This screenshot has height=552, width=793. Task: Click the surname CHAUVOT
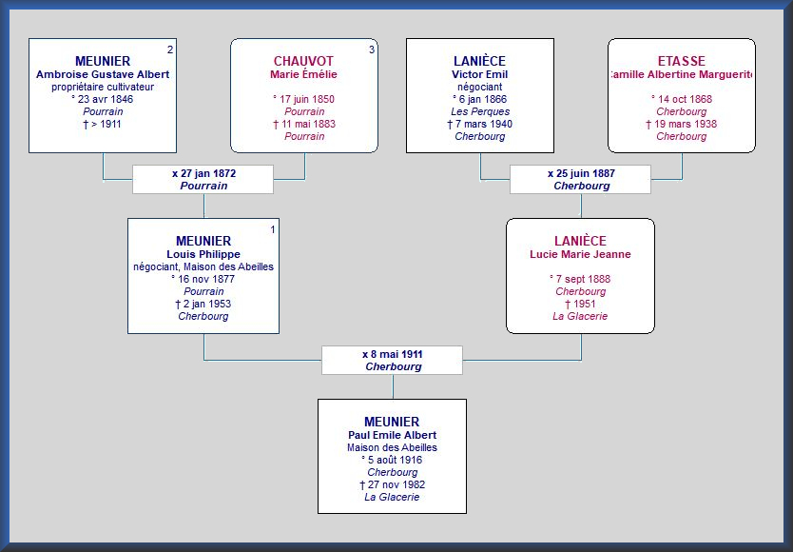click(x=303, y=61)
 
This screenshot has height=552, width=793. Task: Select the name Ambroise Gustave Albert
click(x=103, y=74)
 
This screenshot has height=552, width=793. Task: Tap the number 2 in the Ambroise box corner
click(x=170, y=49)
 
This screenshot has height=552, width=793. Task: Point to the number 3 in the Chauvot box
click(x=372, y=49)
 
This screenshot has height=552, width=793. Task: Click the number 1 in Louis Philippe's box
click(x=273, y=230)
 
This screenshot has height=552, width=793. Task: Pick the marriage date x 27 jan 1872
click(x=203, y=174)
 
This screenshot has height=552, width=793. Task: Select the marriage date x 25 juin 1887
click(x=581, y=174)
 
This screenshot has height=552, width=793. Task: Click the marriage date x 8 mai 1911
click(x=393, y=354)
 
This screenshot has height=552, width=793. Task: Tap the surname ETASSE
click(x=681, y=61)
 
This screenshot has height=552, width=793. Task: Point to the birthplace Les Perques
click(x=480, y=111)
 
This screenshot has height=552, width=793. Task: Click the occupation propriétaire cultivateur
click(x=103, y=88)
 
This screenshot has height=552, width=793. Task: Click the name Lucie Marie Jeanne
click(x=580, y=254)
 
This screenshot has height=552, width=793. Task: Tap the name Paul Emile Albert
click(x=392, y=435)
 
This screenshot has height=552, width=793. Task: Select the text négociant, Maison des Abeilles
click(x=203, y=266)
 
